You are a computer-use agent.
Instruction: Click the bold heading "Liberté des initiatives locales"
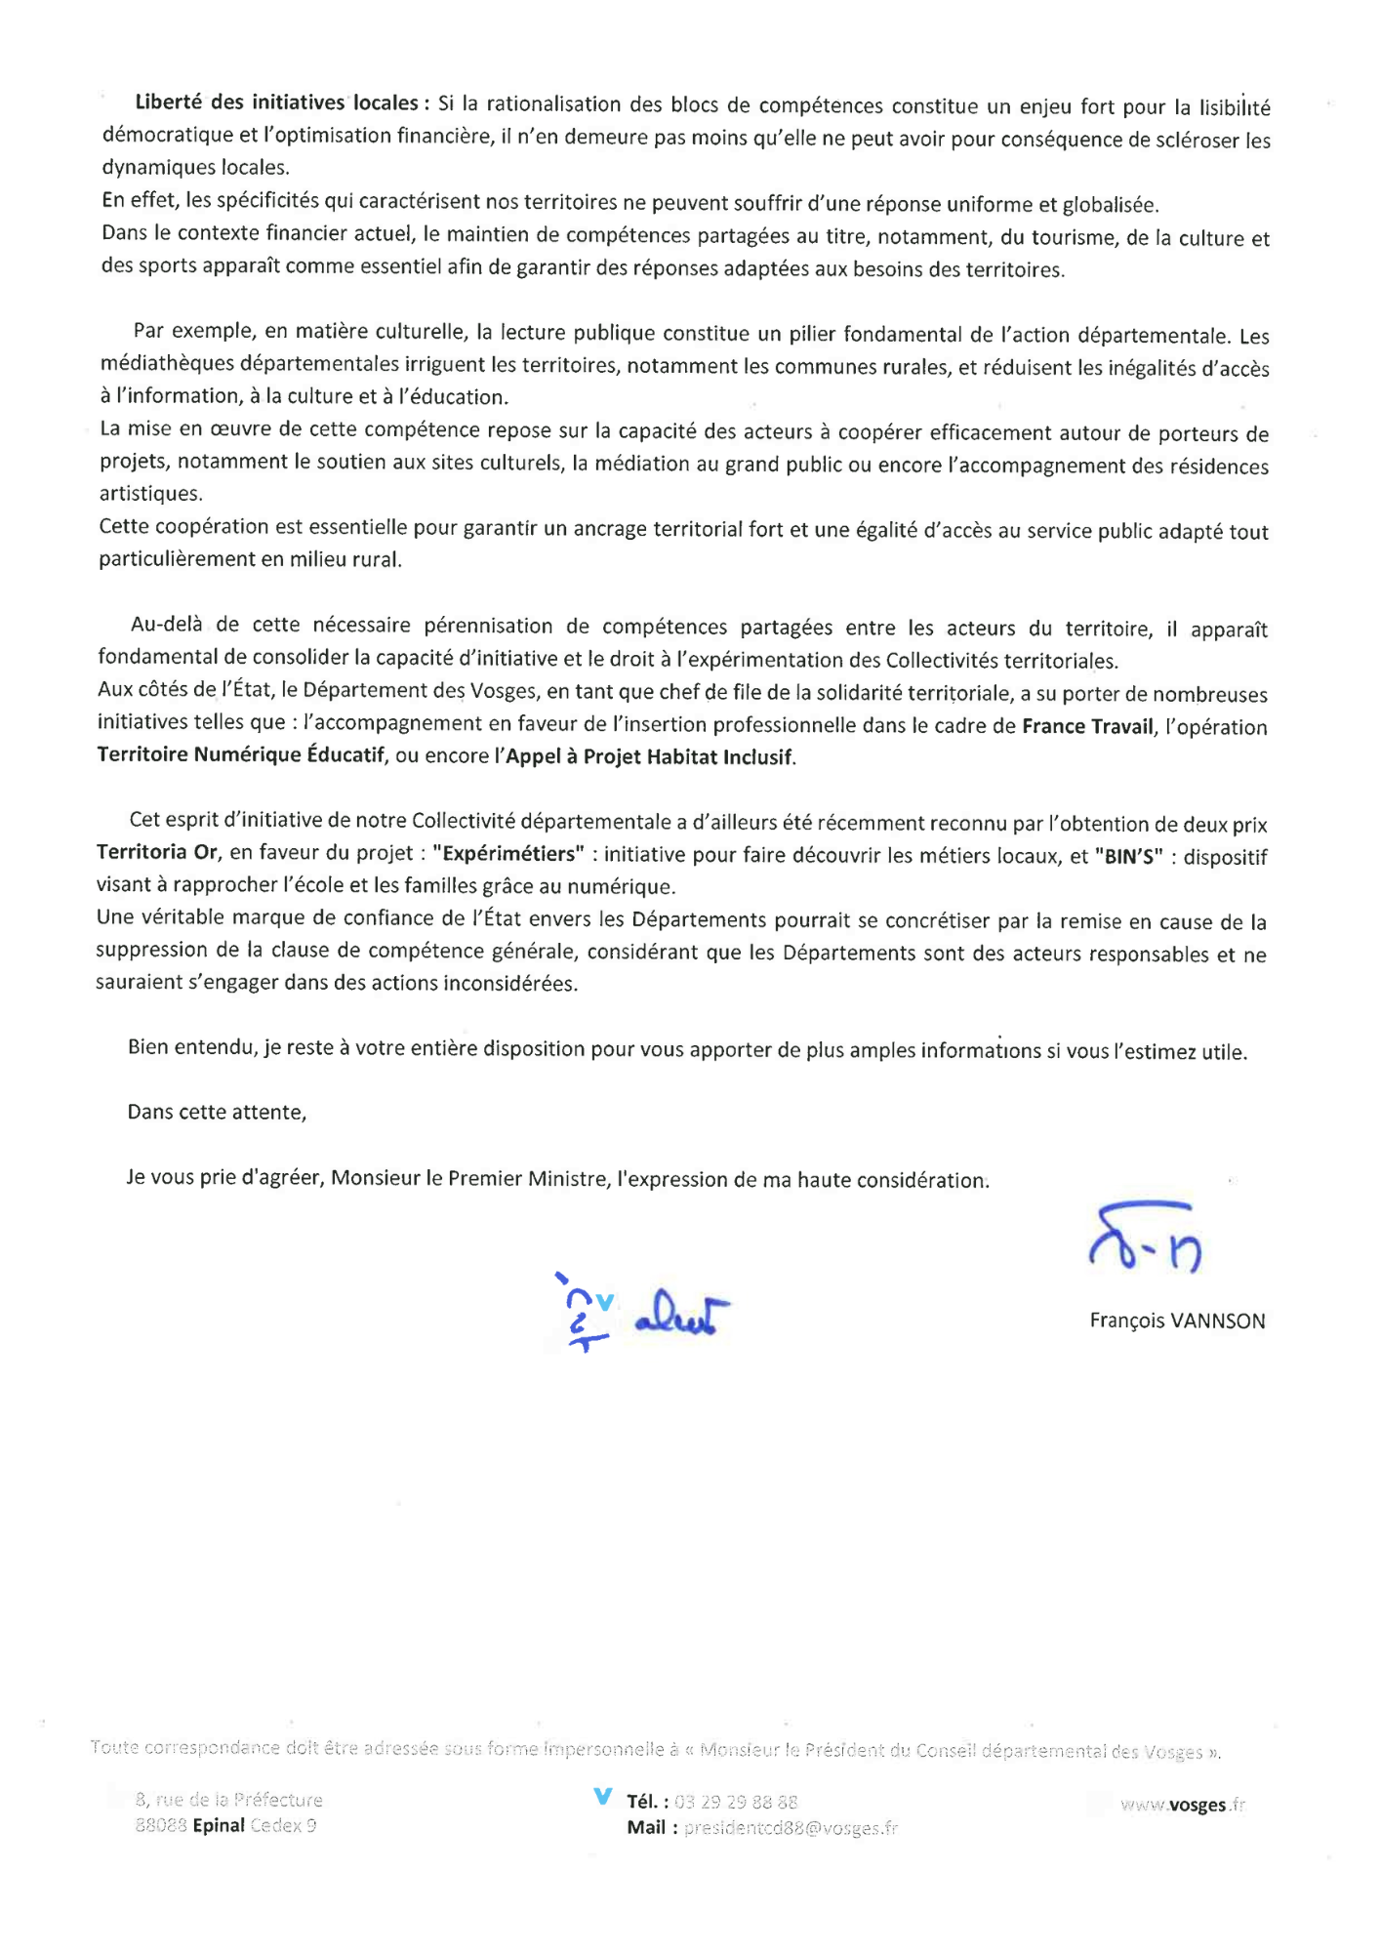[277, 102]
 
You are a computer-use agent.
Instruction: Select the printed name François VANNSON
[1177, 1321]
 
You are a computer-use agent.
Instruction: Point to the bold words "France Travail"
[1087, 726]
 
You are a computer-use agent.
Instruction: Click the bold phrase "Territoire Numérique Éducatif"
[241, 755]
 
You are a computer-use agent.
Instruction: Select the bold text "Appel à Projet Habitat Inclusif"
[650, 757]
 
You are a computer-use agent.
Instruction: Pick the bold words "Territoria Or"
[157, 852]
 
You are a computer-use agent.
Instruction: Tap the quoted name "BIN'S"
[1129, 857]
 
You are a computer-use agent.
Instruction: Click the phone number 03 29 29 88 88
[736, 1802]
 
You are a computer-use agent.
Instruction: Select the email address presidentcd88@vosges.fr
[791, 1828]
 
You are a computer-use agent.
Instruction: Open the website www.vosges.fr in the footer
[1183, 1805]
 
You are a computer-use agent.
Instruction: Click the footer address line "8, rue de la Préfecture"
[229, 1800]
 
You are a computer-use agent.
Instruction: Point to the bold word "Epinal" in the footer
[219, 1825]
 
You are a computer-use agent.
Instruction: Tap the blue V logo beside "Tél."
[603, 1796]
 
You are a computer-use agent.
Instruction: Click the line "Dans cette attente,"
[217, 1113]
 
